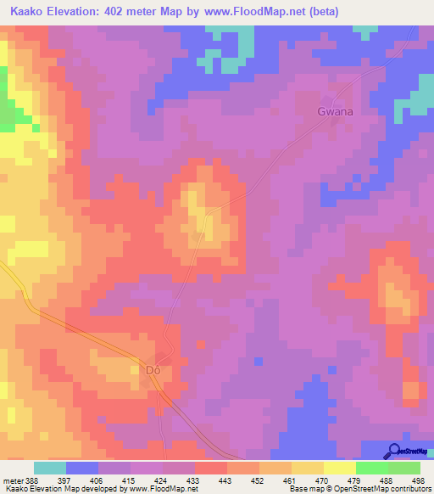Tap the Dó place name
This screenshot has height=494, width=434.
coord(153,370)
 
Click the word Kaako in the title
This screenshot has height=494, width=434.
coord(25,11)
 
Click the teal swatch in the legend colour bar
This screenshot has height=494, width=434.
coord(50,468)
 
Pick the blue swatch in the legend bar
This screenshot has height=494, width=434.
coord(82,468)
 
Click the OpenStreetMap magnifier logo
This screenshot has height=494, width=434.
coord(394,450)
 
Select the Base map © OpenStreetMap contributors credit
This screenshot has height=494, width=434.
coord(359,489)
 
